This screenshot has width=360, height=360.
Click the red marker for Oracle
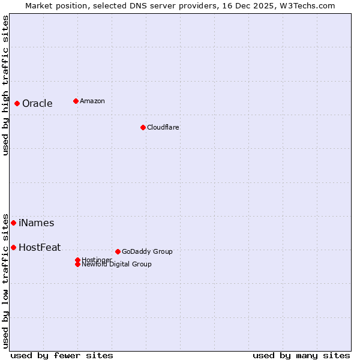pos(17,103)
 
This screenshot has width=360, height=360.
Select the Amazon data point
pos(76,101)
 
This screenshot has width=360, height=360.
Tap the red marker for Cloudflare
pos(143,127)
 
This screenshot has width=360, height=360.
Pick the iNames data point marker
pos(13,223)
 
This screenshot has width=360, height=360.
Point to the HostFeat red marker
pos(13,247)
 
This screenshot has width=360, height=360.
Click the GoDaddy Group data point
pos(118,251)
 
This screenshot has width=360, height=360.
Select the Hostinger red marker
pos(77,260)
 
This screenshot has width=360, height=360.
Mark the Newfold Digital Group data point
pos(77,264)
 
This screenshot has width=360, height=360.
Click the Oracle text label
pos(37,103)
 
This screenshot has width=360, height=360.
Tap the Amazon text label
pos(92,101)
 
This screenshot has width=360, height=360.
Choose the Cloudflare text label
pos(163,127)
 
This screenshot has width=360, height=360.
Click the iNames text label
pos(36,223)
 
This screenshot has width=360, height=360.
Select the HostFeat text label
pos(40,247)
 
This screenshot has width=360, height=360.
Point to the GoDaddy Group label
pos(147,251)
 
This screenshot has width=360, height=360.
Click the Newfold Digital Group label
pos(116,265)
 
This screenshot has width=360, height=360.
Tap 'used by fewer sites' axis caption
pos(62,355)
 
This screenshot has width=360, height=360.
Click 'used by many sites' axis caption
pos(301,355)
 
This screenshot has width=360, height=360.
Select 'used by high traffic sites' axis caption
pos(5,85)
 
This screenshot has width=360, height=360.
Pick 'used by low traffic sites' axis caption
pos(5,281)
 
